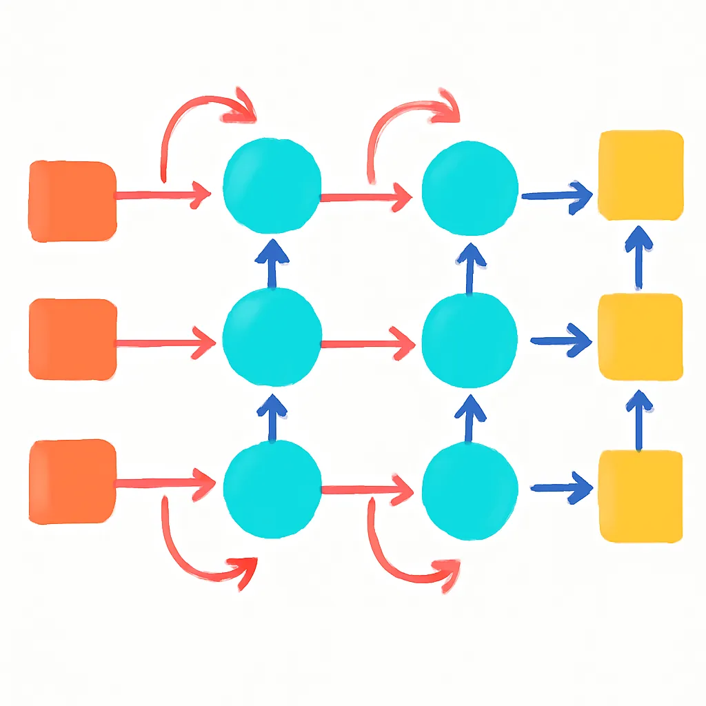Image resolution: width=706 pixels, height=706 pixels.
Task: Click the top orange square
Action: [72, 201]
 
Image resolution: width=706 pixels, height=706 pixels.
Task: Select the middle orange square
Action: [72, 339]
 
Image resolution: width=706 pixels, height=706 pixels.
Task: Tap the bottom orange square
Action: [72, 481]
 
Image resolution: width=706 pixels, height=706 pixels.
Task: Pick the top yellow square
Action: [641, 175]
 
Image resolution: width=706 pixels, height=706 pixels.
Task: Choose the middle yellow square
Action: [641, 336]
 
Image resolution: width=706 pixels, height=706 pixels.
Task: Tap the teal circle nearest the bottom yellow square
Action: [470, 489]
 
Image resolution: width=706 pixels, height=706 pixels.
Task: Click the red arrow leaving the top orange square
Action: [163, 195]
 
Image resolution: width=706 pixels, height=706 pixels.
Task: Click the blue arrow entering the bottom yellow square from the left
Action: [561, 488]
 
